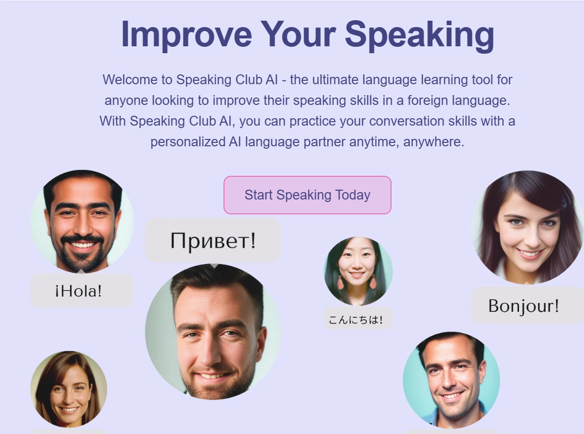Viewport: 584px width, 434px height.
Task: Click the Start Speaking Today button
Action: pos(307,195)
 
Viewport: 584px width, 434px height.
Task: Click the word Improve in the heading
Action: pos(187,34)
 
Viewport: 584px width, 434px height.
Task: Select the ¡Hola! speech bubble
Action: pos(82,291)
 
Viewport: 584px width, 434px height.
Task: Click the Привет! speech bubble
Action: pos(213,240)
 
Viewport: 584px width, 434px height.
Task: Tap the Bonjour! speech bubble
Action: pos(527,305)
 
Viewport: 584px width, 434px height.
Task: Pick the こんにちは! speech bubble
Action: pos(358,319)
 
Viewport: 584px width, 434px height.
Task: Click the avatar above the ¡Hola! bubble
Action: pos(82,222)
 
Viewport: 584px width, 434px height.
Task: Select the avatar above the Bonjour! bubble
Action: pos(527,227)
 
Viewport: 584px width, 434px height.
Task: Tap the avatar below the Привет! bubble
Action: pos(213,332)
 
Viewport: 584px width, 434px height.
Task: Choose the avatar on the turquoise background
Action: pos(452,380)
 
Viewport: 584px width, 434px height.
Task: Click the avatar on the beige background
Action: pos(68,389)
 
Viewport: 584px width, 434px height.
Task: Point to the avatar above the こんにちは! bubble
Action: pos(358,271)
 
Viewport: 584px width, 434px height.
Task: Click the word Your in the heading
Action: pos(298,34)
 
